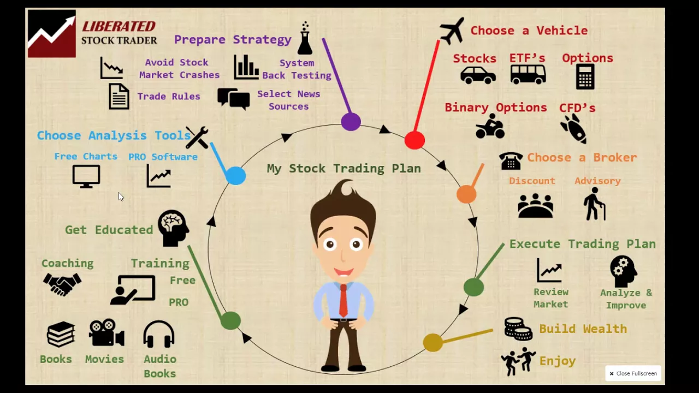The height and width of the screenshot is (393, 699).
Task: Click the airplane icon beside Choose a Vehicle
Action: (x=452, y=31)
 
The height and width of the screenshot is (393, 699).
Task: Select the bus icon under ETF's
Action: (x=528, y=74)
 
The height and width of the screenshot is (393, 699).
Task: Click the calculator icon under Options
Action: (x=585, y=76)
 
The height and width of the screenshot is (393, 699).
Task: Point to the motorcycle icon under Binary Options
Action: (x=490, y=127)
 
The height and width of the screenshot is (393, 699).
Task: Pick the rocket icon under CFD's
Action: (x=573, y=129)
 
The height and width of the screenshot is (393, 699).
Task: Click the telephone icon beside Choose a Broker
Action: (x=511, y=160)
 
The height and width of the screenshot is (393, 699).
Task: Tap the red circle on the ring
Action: (x=414, y=140)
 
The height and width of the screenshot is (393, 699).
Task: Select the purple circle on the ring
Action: (x=351, y=122)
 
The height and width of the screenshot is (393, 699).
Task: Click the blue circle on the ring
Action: (x=235, y=176)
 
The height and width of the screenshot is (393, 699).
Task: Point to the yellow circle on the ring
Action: (x=433, y=343)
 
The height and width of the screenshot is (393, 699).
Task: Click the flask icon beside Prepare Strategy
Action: (x=305, y=39)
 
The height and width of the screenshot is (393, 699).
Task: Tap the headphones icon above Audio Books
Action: (x=159, y=334)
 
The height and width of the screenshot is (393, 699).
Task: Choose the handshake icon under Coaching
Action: (x=62, y=284)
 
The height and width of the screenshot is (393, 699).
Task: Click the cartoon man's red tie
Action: (x=343, y=300)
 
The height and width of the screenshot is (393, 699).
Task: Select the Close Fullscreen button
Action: (x=633, y=373)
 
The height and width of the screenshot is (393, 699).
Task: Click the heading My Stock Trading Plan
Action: (x=343, y=169)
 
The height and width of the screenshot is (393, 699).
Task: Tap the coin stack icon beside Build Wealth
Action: (x=518, y=329)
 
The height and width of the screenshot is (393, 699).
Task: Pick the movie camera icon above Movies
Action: (x=106, y=332)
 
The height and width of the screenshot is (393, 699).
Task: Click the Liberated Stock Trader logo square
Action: (x=52, y=33)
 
